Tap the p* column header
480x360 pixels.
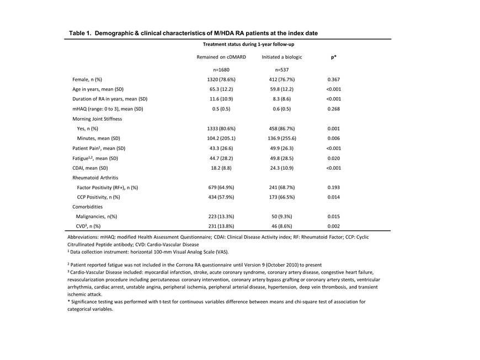click(x=334, y=57)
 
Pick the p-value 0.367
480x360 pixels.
click(x=334, y=80)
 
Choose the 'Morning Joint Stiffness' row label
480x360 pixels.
click(x=97, y=119)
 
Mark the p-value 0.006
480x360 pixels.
click(x=334, y=138)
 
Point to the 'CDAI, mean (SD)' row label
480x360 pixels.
click(x=90, y=168)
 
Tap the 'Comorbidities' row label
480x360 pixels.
click(x=88, y=206)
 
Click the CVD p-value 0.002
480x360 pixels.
click(x=334, y=226)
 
